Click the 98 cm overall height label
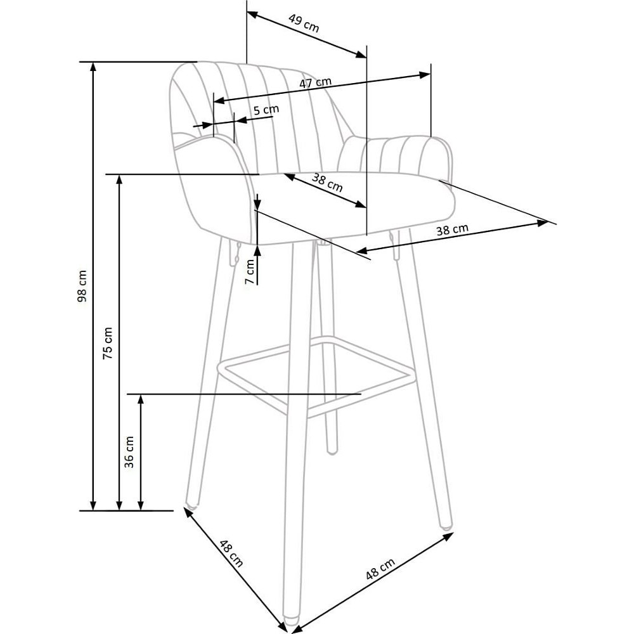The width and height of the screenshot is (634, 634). pyautogui.click(x=82, y=287)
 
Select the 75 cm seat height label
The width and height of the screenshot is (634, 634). pyautogui.click(x=108, y=343)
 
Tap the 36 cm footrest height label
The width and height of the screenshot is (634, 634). pyautogui.click(x=129, y=452)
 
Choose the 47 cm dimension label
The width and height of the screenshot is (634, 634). pyautogui.click(x=315, y=82)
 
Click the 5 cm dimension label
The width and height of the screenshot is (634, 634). pyautogui.click(x=266, y=110)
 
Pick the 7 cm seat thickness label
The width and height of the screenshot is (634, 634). pyautogui.click(x=250, y=272)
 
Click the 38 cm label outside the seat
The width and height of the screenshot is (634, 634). pyautogui.click(x=453, y=230)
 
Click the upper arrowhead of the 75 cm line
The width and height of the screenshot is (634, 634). pyautogui.click(x=119, y=180)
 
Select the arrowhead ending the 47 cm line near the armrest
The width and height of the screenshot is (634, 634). pyautogui.click(x=425, y=75)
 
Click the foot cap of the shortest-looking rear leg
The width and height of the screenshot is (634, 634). pyautogui.click(x=332, y=450)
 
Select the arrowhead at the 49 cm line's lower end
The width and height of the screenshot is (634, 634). pyautogui.click(x=361, y=55)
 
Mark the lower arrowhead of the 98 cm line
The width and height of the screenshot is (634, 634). pyautogui.click(x=93, y=505)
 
